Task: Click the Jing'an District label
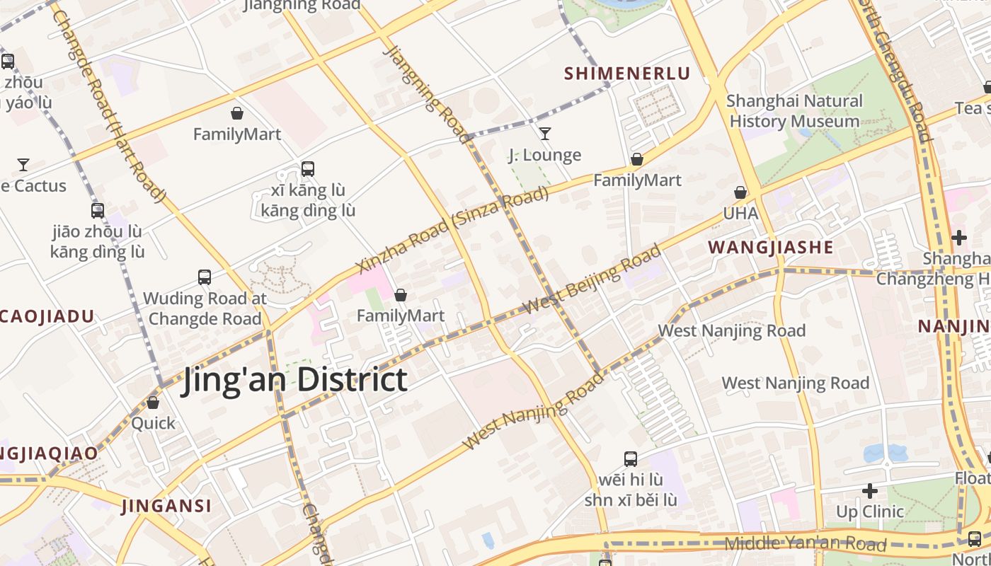pos(295,379)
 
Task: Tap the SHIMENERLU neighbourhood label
pos(626,73)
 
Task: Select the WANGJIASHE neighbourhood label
pos(771,247)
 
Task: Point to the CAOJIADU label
pos(46,316)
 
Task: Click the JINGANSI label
pos(166,506)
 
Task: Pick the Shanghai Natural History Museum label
pos(794,111)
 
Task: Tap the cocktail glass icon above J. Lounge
pos(545,133)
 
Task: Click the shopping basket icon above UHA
pos(740,192)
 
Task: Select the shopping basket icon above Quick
pos(153,403)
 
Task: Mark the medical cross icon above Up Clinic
pos(870,490)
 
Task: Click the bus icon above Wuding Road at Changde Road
pos(205,277)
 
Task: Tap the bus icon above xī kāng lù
pos(307,169)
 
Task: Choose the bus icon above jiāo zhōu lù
pos(98,210)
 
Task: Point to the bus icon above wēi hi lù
pos(631,459)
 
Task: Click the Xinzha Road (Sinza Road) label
pos(454,229)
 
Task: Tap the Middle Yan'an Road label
pos(806,544)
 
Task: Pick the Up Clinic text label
pos(870,512)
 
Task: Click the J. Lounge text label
pos(545,155)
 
